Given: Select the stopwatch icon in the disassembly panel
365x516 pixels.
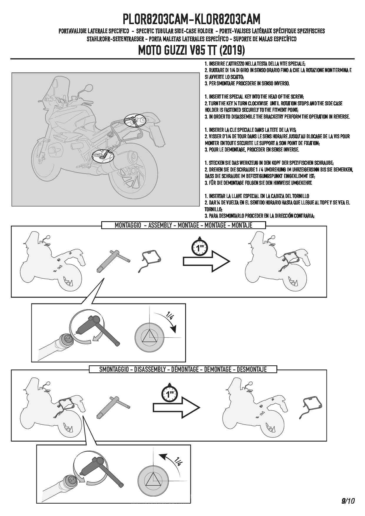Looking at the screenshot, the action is pos(170,392).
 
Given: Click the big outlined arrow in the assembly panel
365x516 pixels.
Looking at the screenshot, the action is pos(206,261).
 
